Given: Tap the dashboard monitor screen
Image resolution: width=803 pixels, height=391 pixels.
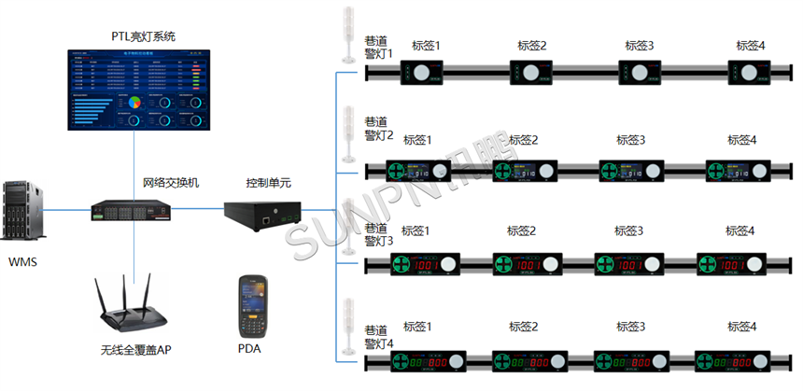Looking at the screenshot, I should tap(138, 91).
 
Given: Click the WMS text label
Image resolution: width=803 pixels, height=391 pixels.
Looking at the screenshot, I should tap(22, 263).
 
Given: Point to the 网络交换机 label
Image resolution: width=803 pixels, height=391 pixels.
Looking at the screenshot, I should tap(170, 183).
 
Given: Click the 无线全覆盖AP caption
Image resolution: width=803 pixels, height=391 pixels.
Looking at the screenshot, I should tap(135, 350).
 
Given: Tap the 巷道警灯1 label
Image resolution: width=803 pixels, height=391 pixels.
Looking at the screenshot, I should tap(379, 49).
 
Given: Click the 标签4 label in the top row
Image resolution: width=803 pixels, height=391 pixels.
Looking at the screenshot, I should tap(751, 45).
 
